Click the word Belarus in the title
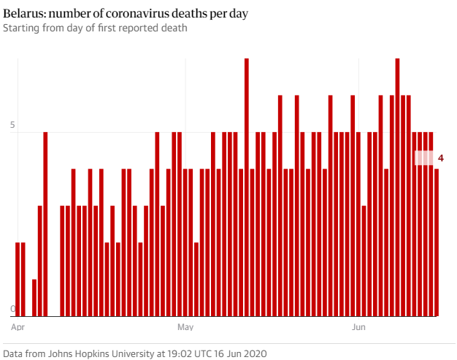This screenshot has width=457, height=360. [x=23, y=14]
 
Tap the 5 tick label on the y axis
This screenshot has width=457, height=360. [x=12, y=126]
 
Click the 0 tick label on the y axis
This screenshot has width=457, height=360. [x=12, y=310]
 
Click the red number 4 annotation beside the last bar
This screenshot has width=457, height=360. [x=441, y=158]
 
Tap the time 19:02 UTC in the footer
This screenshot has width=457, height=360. [x=183, y=353]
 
